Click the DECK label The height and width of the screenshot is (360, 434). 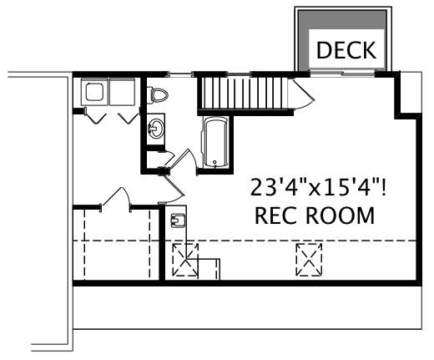click(x=346, y=51)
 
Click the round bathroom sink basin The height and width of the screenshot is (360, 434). click(x=156, y=128)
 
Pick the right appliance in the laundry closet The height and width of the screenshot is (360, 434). click(x=124, y=91)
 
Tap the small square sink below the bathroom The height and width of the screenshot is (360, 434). click(x=178, y=221)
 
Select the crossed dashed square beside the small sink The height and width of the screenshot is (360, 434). click(x=185, y=261)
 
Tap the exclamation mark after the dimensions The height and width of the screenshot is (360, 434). click(x=391, y=185)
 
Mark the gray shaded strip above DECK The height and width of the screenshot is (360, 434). click(x=342, y=23)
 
